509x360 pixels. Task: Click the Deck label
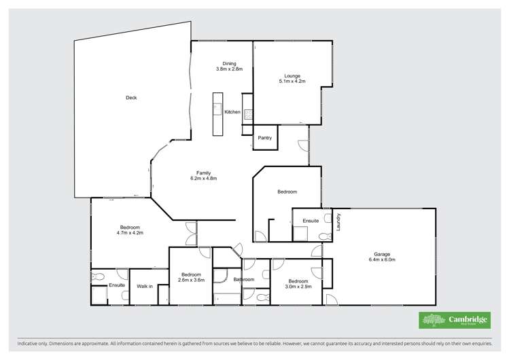point(131,98)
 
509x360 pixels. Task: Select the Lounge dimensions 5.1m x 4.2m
point(292,81)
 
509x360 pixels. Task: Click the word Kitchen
point(232,111)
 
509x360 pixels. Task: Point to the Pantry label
point(264,138)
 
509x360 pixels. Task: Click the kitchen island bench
point(217,113)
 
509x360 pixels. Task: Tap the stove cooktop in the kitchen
point(248,115)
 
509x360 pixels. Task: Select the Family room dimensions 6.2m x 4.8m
point(203,178)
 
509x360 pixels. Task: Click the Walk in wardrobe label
point(144,286)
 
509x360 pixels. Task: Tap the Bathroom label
point(243,279)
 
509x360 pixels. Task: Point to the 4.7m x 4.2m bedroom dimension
point(130,232)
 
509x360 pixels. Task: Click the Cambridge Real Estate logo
point(448,320)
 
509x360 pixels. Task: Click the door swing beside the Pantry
point(303,144)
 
